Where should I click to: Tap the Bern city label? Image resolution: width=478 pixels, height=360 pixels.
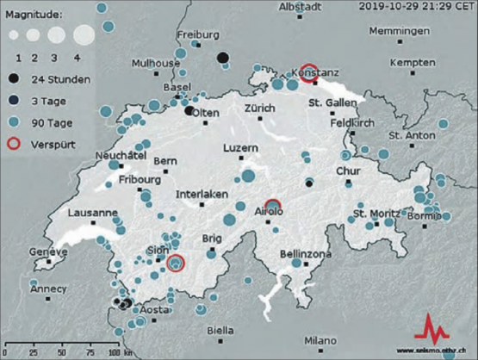point(165,161)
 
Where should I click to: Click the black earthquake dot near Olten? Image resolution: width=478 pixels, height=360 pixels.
point(189,109)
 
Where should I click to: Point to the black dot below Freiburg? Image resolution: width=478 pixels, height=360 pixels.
point(222,58)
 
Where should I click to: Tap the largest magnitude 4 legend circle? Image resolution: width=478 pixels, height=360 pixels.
point(84,35)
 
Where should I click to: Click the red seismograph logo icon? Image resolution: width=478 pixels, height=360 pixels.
point(431,328)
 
